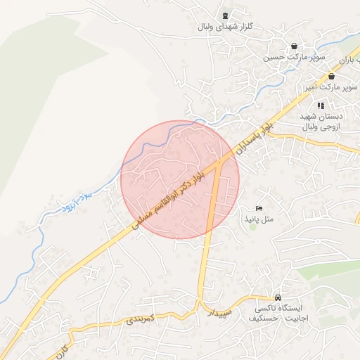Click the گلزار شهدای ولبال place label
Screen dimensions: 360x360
(x=224, y=27)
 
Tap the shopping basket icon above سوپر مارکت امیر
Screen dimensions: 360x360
(x=331, y=77)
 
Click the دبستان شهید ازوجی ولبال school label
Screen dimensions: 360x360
(x=321, y=122)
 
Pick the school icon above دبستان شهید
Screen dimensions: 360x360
(x=321, y=105)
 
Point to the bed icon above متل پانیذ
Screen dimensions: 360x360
(x=259, y=209)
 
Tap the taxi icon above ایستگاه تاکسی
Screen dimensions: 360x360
(x=279, y=297)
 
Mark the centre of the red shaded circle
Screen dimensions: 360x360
(x=180, y=179)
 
